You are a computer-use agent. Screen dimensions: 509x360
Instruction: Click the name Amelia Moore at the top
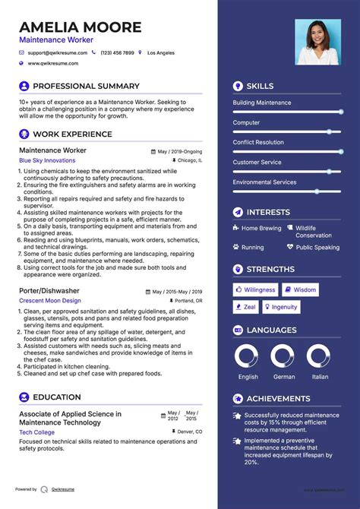[x=81, y=27]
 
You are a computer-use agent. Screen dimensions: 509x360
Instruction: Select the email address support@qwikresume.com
[x=58, y=53]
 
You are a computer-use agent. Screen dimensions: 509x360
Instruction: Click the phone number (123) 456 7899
[x=117, y=53]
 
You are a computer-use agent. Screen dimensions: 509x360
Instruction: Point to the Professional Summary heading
[x=86, y=87]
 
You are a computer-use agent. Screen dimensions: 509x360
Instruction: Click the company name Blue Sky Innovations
[x=47, y=161]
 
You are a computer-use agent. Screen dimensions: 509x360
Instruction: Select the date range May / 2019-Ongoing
[x=179, y=152]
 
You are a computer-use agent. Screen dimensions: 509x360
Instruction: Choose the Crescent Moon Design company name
[x=50, y=302]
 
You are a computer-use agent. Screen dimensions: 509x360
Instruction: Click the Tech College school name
[x=36, y=432]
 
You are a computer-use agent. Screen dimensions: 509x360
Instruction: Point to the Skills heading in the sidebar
[x=260, y=87]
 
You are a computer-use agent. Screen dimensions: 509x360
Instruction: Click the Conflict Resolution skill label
[x=258, y=142]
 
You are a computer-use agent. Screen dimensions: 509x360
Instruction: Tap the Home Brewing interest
[x=261, y=228]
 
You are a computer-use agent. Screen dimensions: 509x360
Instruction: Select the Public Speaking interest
[x=317, y=248]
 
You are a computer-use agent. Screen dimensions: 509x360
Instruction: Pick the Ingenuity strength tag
[x=280, y=307]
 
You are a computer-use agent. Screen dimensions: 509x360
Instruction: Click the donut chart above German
[x=283, y=356]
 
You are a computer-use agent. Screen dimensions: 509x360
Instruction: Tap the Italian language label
[x=321, y=377]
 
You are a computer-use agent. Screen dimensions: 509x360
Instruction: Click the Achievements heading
[x=278, y=399]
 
